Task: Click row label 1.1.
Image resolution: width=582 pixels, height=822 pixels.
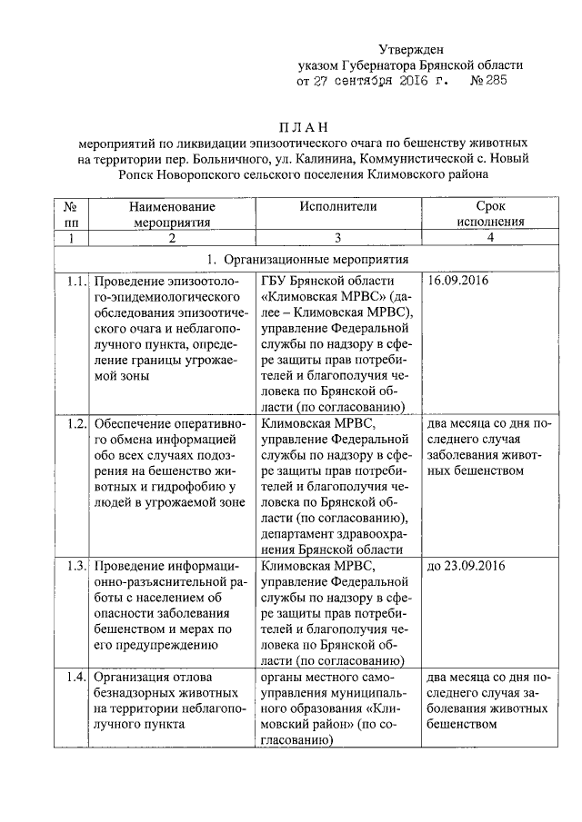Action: pos(75,280)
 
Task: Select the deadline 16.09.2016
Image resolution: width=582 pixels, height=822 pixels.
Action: pos(457,280)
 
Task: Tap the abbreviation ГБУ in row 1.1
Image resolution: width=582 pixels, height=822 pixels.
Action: pos(276,280)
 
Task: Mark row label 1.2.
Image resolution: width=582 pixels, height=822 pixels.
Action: pos(75,422)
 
